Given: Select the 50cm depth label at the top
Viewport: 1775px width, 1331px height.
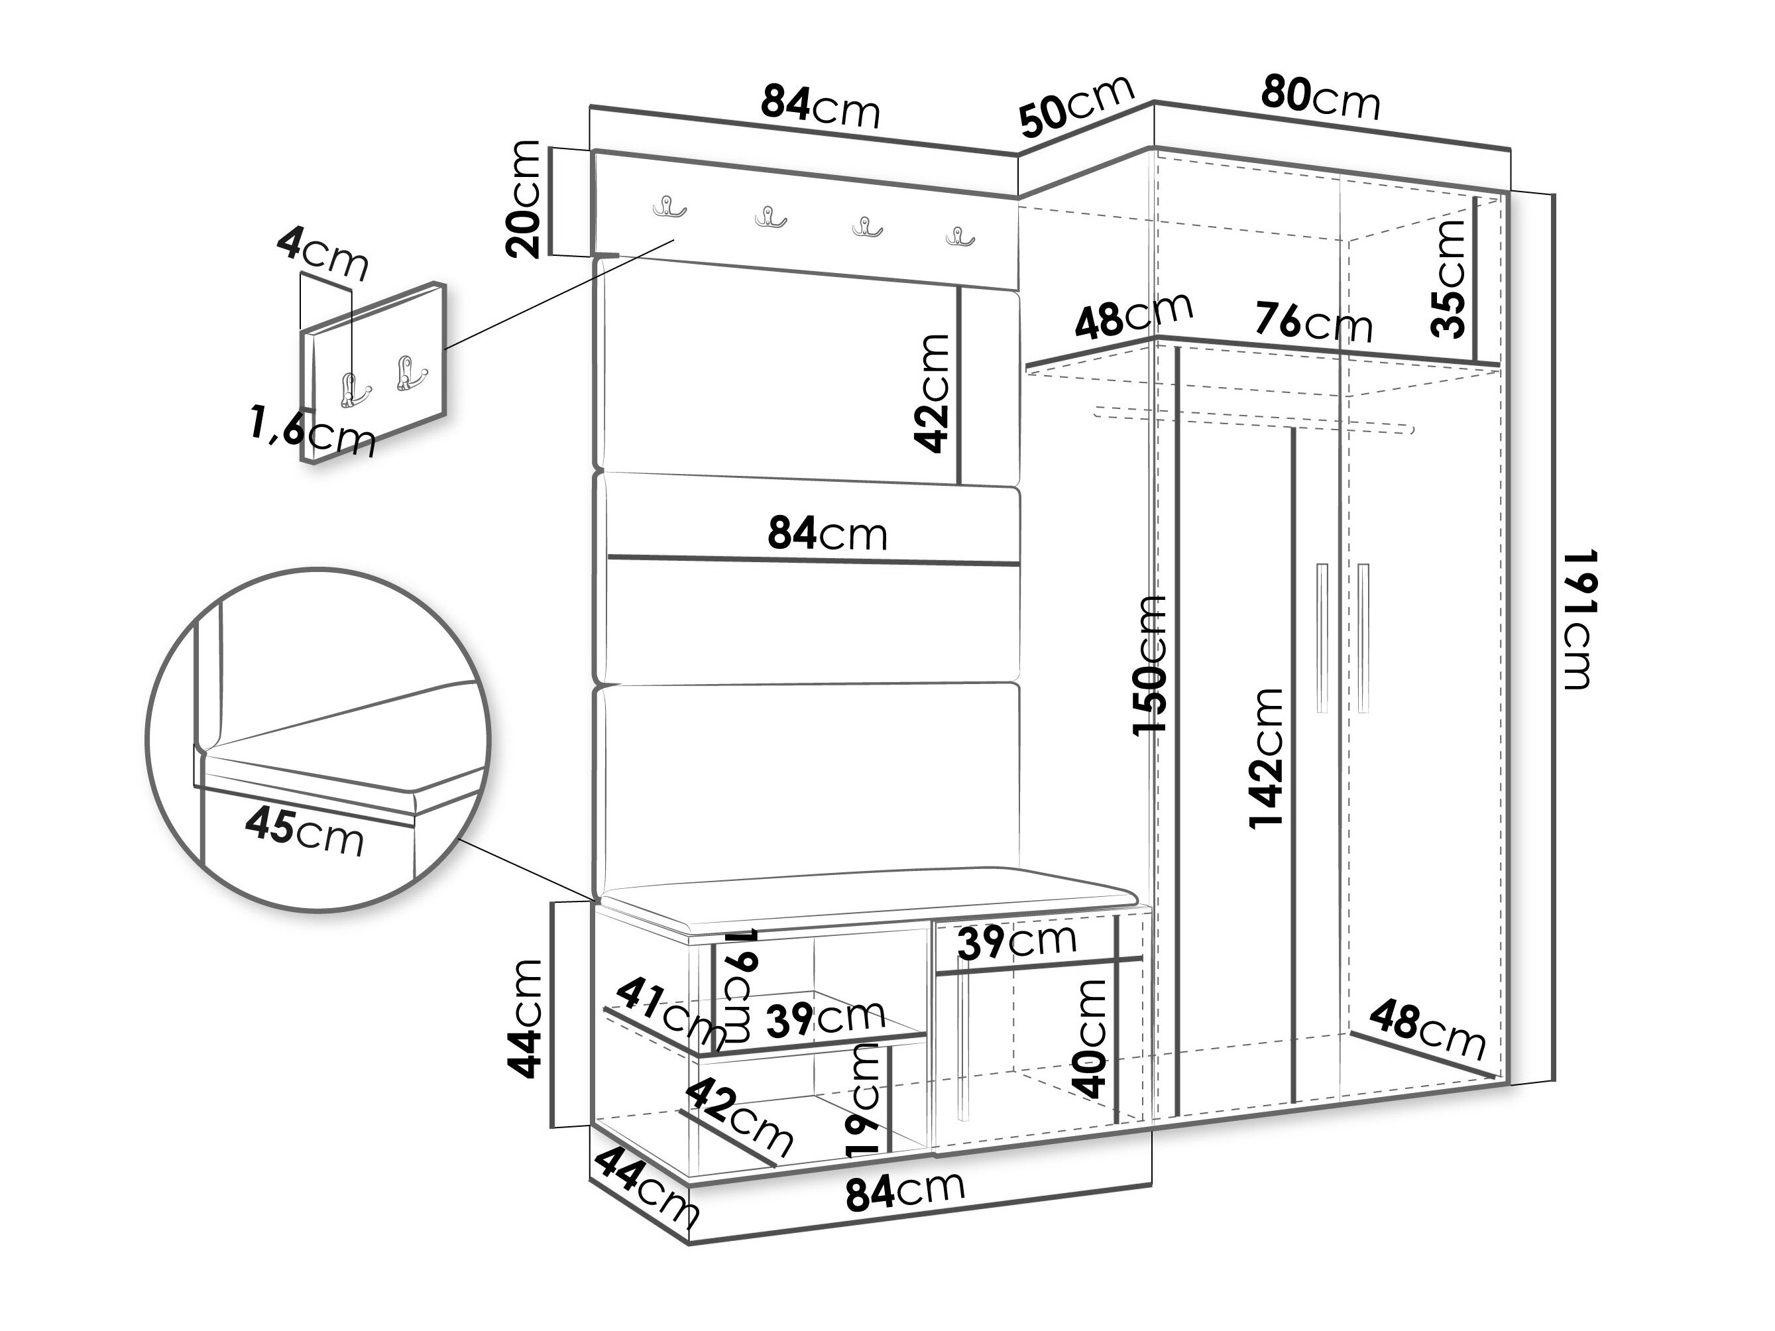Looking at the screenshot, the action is [1077, 105].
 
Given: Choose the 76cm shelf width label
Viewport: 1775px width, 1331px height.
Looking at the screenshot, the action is [1314, 323].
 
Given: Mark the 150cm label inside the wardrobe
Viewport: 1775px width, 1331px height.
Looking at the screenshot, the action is [1149, 665].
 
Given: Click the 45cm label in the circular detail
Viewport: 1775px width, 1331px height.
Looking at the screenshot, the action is [304, 831].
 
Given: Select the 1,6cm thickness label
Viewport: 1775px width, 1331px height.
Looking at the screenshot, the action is [312, 432].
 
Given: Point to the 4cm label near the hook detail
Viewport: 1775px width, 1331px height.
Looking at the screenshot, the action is [323, 253].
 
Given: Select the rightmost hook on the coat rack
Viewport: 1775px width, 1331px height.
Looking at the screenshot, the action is [959, 236].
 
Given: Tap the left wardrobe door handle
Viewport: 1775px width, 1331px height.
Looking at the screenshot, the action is [1322, 638].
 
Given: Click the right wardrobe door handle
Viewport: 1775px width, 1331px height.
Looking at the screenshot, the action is [1363, 638].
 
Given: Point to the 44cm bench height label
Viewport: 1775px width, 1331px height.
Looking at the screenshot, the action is [526, 1018].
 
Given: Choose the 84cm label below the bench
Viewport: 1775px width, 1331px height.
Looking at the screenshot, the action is [905, 1190].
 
